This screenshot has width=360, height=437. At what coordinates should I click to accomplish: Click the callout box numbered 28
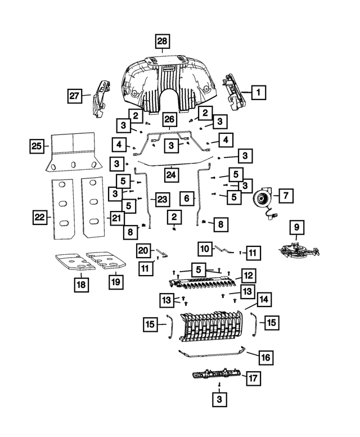pos(162,42)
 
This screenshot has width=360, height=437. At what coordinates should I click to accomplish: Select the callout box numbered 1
pos(258,92)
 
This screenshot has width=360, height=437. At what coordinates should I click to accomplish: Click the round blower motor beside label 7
pos(262,199)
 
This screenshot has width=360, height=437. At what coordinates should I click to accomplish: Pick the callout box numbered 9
pos(296,228)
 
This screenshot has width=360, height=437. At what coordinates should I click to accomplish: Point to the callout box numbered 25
pos(37,147)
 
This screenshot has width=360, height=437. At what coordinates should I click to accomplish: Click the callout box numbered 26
pos(170,119)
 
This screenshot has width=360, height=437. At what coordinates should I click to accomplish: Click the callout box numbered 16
pos(266,357)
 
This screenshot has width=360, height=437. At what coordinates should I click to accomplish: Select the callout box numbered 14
pos(264,299)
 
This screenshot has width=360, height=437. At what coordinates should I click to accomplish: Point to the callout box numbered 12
pos(247,275)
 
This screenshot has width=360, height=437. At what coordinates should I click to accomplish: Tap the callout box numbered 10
pos(205,248)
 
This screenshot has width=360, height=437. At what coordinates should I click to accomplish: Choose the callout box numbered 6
pos(187,198)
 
